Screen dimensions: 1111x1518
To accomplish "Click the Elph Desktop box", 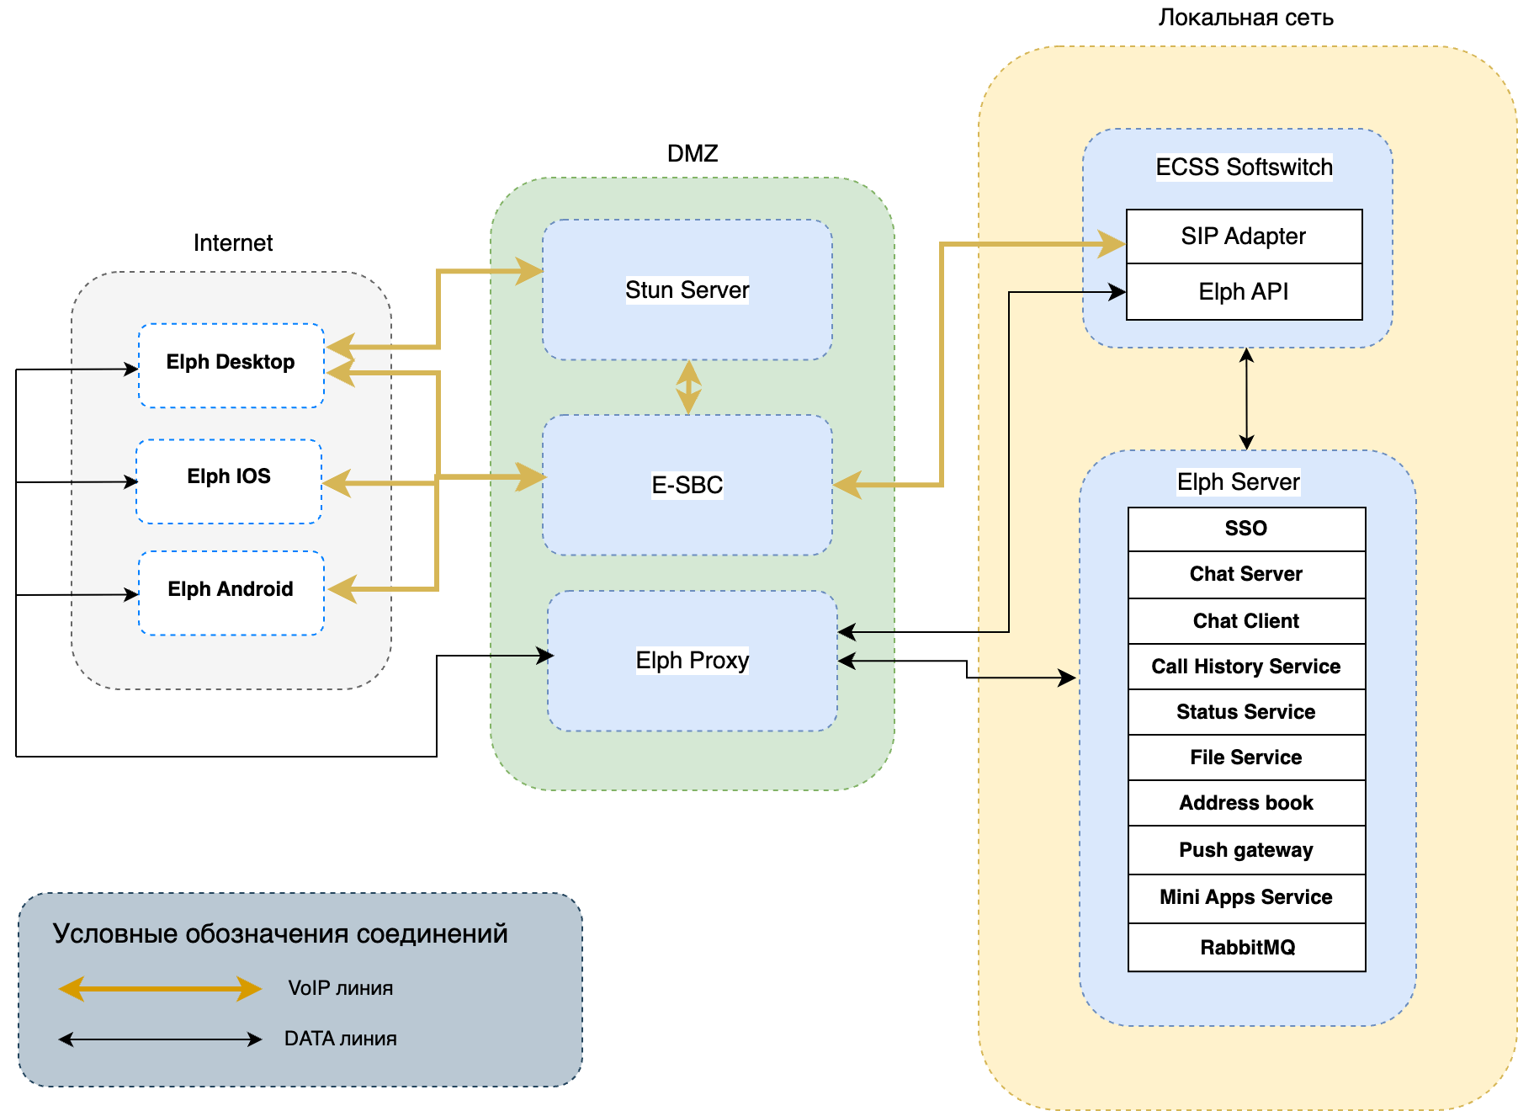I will pyautogui.click(x=231, y=365).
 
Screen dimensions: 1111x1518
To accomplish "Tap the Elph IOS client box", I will pyautogui.click(x=229, y=481).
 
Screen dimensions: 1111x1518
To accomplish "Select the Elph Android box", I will pyautogui.click(x=231, y=593).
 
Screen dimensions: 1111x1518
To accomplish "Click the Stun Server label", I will pyautogui.click(x=687, y=290).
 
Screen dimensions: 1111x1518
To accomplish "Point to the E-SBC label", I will pyautogui.click(x=687, y=485).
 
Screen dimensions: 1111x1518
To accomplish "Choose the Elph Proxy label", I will pyautogui.click(x=692, y=660).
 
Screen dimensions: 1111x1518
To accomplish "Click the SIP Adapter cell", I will pyautogui.click(x=1244, y=237).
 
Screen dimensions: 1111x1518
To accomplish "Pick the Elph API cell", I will pyautogui.click(x=1244, y=292).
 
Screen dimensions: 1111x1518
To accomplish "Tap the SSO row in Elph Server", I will pyautogui.click(x=1246, y=529).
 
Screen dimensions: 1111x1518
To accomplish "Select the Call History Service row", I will pyautogui.click(x=1246, y=667).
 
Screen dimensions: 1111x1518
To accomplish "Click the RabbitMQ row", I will pyautogui.click(x=1246, y=948).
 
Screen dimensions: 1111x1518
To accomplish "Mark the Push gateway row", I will pyautogui.click(x=1246, y=850).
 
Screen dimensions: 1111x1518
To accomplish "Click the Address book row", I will pyautogui.click(x=1246, y=803).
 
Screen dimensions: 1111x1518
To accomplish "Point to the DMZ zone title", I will pyautogui.click(x=693, y=153).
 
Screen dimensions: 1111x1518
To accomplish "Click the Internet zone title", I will pyautogui.click(x=233, y=243).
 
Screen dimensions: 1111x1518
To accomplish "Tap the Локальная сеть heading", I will pyautogui.click(x=1245, y=18).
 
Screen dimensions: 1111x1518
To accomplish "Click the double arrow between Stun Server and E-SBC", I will pyautogui.click(x=688, y=387).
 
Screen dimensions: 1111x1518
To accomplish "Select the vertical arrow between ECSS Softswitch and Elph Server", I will pyautogui.click(x=1247, y=399).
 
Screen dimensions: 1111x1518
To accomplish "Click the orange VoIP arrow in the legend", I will pyautogui.click(x=160, y=988).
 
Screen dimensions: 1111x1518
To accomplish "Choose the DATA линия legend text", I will pyautogui.click(x=340, y=1039).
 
